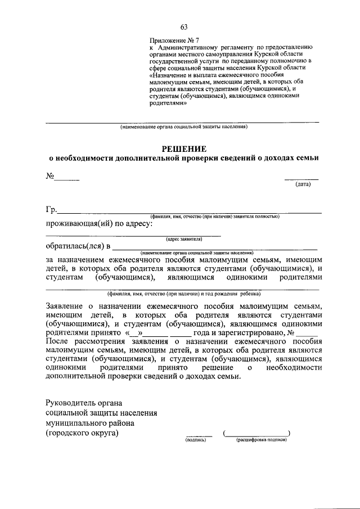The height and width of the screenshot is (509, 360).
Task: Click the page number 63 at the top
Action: coord(184,27)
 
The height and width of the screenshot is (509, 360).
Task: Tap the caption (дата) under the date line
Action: coord(307,184)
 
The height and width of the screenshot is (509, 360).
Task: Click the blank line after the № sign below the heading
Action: coord(67,178)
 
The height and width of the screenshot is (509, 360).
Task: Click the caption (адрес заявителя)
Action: coord(184,239)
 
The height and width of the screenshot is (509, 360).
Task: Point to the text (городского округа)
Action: coord(83,433)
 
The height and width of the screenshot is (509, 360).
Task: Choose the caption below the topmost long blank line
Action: coord(183,127)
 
